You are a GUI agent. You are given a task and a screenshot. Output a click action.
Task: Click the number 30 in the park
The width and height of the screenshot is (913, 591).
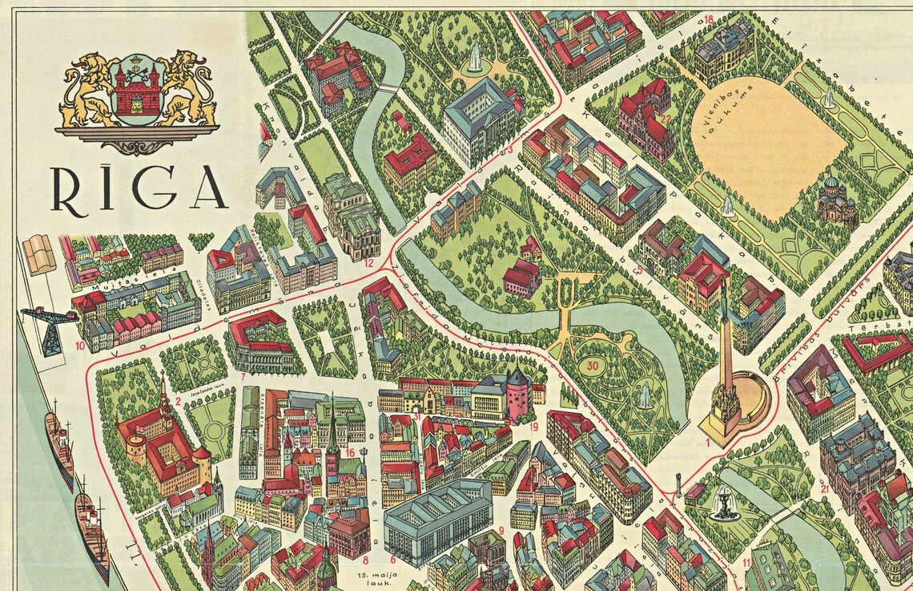point(593,366)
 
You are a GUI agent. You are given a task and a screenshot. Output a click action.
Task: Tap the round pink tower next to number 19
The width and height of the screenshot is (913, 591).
point(517,395)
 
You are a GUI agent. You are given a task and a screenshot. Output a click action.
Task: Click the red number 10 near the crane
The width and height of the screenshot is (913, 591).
point(80,346)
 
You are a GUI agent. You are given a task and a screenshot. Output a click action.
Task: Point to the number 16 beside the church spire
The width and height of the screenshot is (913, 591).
point(350,453)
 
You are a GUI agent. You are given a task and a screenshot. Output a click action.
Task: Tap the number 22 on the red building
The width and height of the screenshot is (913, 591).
point(666,118)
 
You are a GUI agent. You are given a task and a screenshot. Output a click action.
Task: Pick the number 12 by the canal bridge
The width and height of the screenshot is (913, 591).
point(368,261)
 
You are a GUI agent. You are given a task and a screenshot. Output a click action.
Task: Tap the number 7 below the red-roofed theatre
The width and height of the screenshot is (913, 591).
point(243,375)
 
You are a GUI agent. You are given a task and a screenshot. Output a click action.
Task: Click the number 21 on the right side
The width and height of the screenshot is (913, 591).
point(824,487)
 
